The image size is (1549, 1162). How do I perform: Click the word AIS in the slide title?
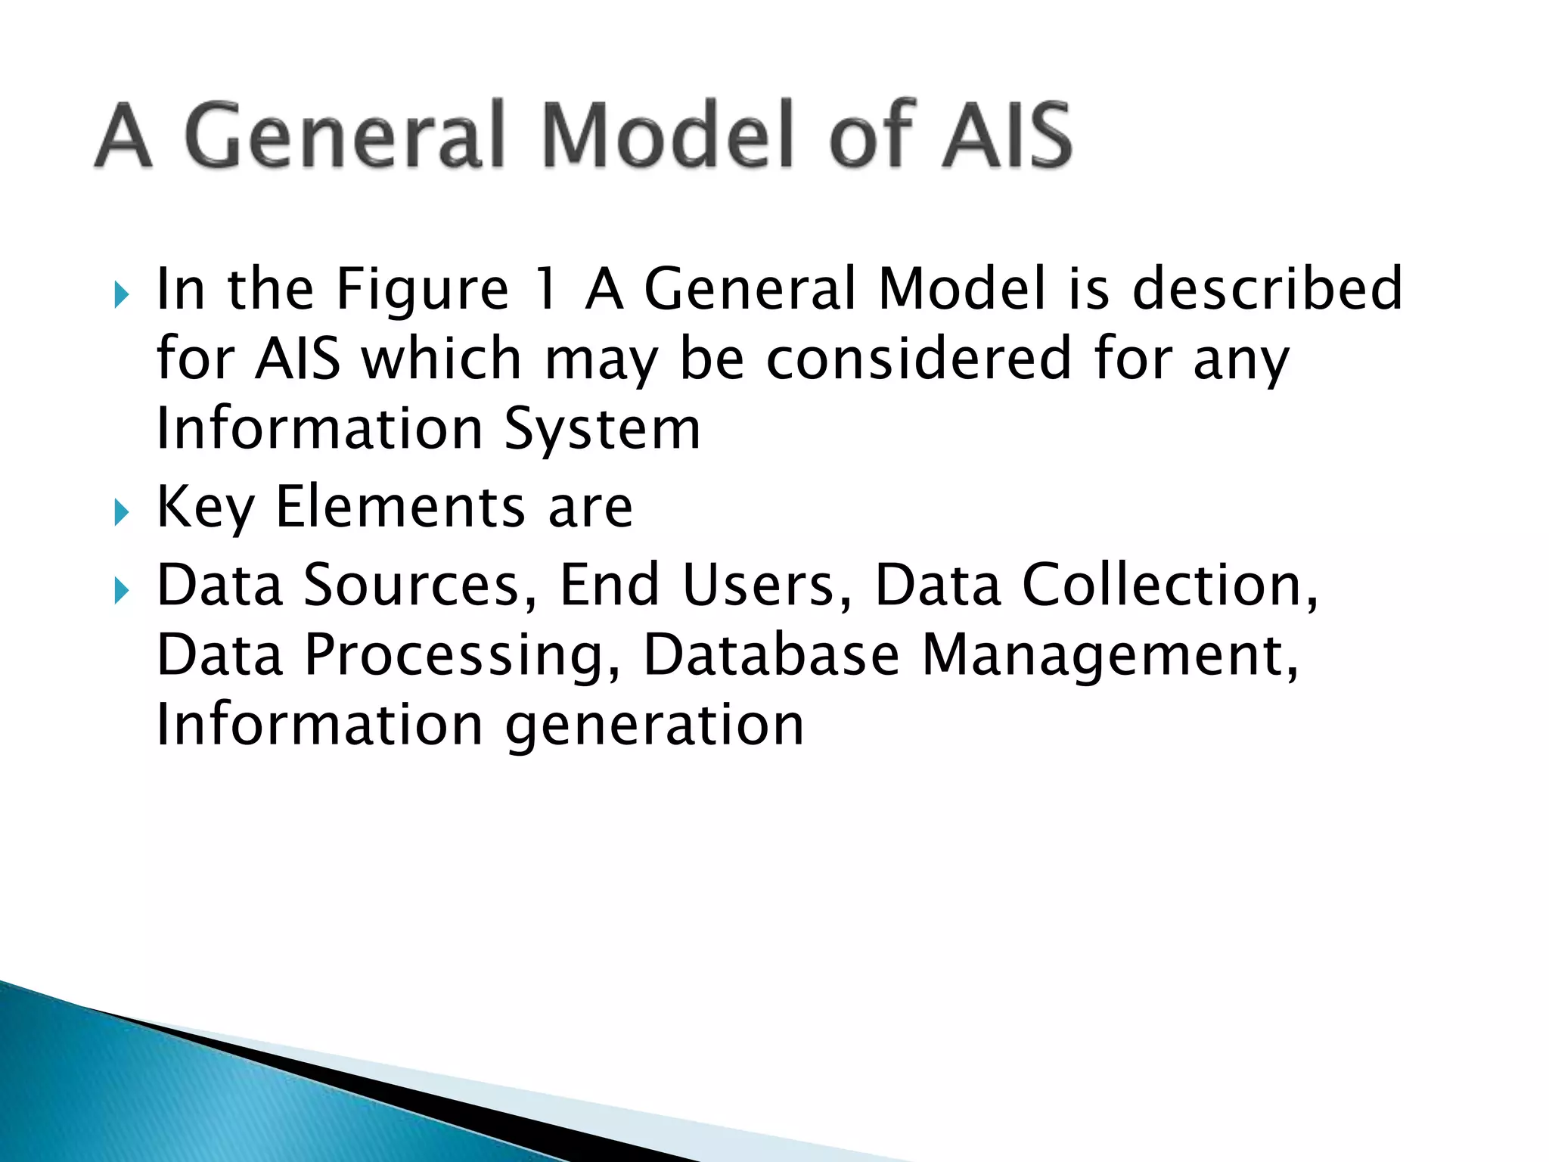click(x=1007, y=135)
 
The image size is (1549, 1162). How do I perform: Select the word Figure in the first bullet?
click(x=423, y=290)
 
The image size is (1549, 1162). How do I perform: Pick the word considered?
click(x=919, y=359)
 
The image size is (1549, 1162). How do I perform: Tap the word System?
click(x=603, y=429)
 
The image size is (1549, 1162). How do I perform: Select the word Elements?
click(x=400, y=508)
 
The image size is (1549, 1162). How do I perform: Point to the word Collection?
click(x=1169, y=586)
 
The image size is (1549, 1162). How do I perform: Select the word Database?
click(x=771, y=655)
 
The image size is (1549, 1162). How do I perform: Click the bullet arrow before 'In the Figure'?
click(x=121, y=295)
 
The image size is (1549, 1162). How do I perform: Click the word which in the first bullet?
click(x=442, y=359)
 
